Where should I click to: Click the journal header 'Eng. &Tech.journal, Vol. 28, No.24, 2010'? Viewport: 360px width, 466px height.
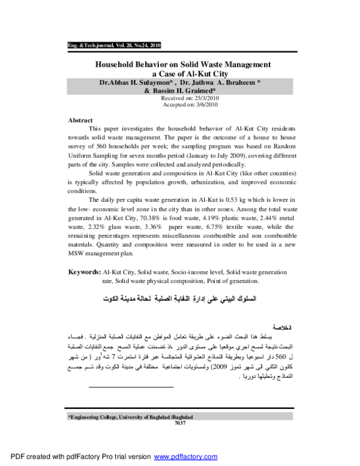click(x=113, y=46)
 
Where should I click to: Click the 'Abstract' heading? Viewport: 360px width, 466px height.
click(x=80, y=120)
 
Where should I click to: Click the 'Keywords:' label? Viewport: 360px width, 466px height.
click(x=84, y=272)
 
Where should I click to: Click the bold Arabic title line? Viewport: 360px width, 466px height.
click(x=180, y=298)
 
